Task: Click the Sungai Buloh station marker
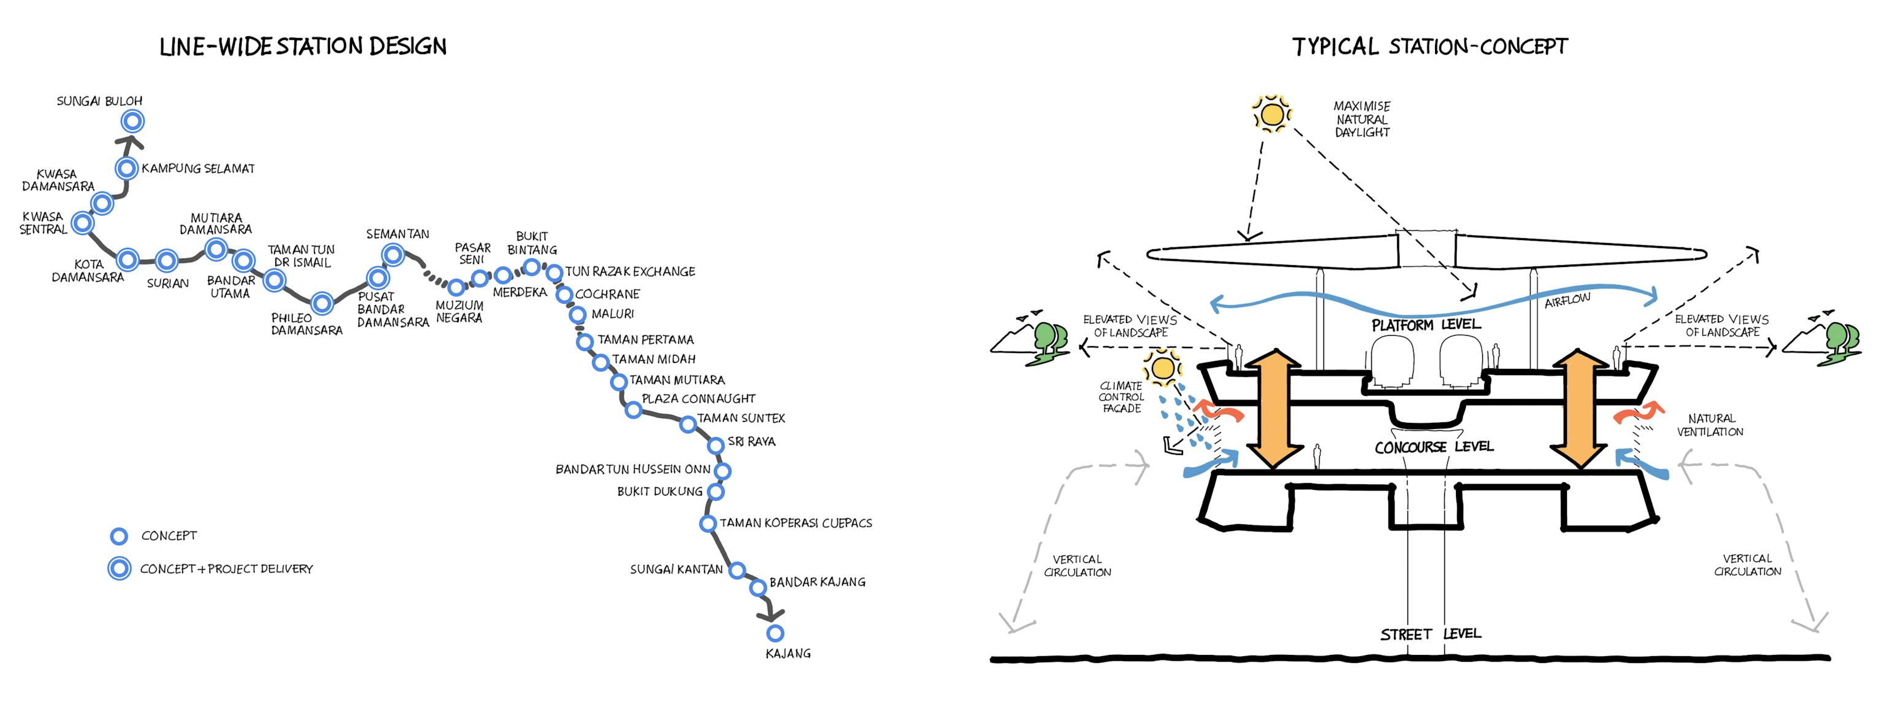click(x=132, y=121)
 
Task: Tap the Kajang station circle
click(x=775, y=633)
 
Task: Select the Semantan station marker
click(x=392, y=255)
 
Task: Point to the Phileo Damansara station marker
click(x=322, y=302)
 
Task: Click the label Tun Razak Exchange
click(x=630, y=271)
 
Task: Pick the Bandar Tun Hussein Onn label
click(x=633, y=469)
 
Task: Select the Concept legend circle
click(x=118, y=536)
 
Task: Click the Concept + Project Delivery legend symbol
click(x=119, y=568)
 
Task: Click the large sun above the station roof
click(x=1272, y=115)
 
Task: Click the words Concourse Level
click(x=1433, y=446)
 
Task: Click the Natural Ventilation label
click(x=1710, y=425)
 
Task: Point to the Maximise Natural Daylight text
click(x=1362, y=119)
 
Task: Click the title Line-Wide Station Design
click(x=303, y=47)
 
